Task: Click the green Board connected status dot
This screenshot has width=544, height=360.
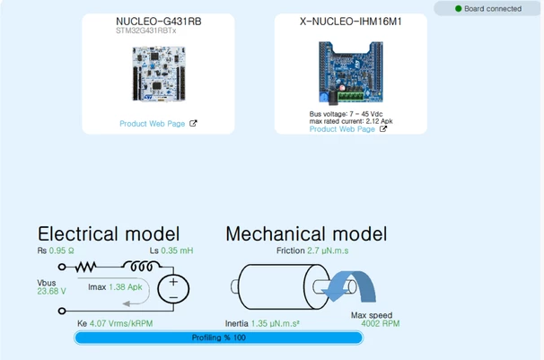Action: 459,9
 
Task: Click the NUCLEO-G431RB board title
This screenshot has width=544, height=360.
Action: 159,22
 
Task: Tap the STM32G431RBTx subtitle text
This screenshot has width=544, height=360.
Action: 146,31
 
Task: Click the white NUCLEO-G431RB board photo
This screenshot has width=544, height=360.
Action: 159,74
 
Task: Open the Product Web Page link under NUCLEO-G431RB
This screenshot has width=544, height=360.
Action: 153,124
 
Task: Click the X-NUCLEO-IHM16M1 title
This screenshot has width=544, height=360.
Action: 351,22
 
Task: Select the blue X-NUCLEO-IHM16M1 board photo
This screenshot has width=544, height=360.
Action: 351,73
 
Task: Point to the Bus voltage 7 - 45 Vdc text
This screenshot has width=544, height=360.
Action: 346,114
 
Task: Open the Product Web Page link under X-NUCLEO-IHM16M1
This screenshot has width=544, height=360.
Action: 342,129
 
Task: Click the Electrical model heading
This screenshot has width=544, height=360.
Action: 109,233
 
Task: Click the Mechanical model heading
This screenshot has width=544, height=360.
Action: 306,233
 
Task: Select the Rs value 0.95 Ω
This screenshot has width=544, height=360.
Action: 61,250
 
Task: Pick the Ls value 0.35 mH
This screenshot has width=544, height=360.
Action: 177,250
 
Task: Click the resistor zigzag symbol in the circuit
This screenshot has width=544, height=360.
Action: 85,267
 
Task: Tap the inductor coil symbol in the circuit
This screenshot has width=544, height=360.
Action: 142,266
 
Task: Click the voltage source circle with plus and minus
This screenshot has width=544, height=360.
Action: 173,289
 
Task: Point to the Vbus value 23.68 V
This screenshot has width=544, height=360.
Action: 51,292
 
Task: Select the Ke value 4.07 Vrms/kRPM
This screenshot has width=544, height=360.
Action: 121,323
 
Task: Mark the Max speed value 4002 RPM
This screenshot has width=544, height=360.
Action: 381,323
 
